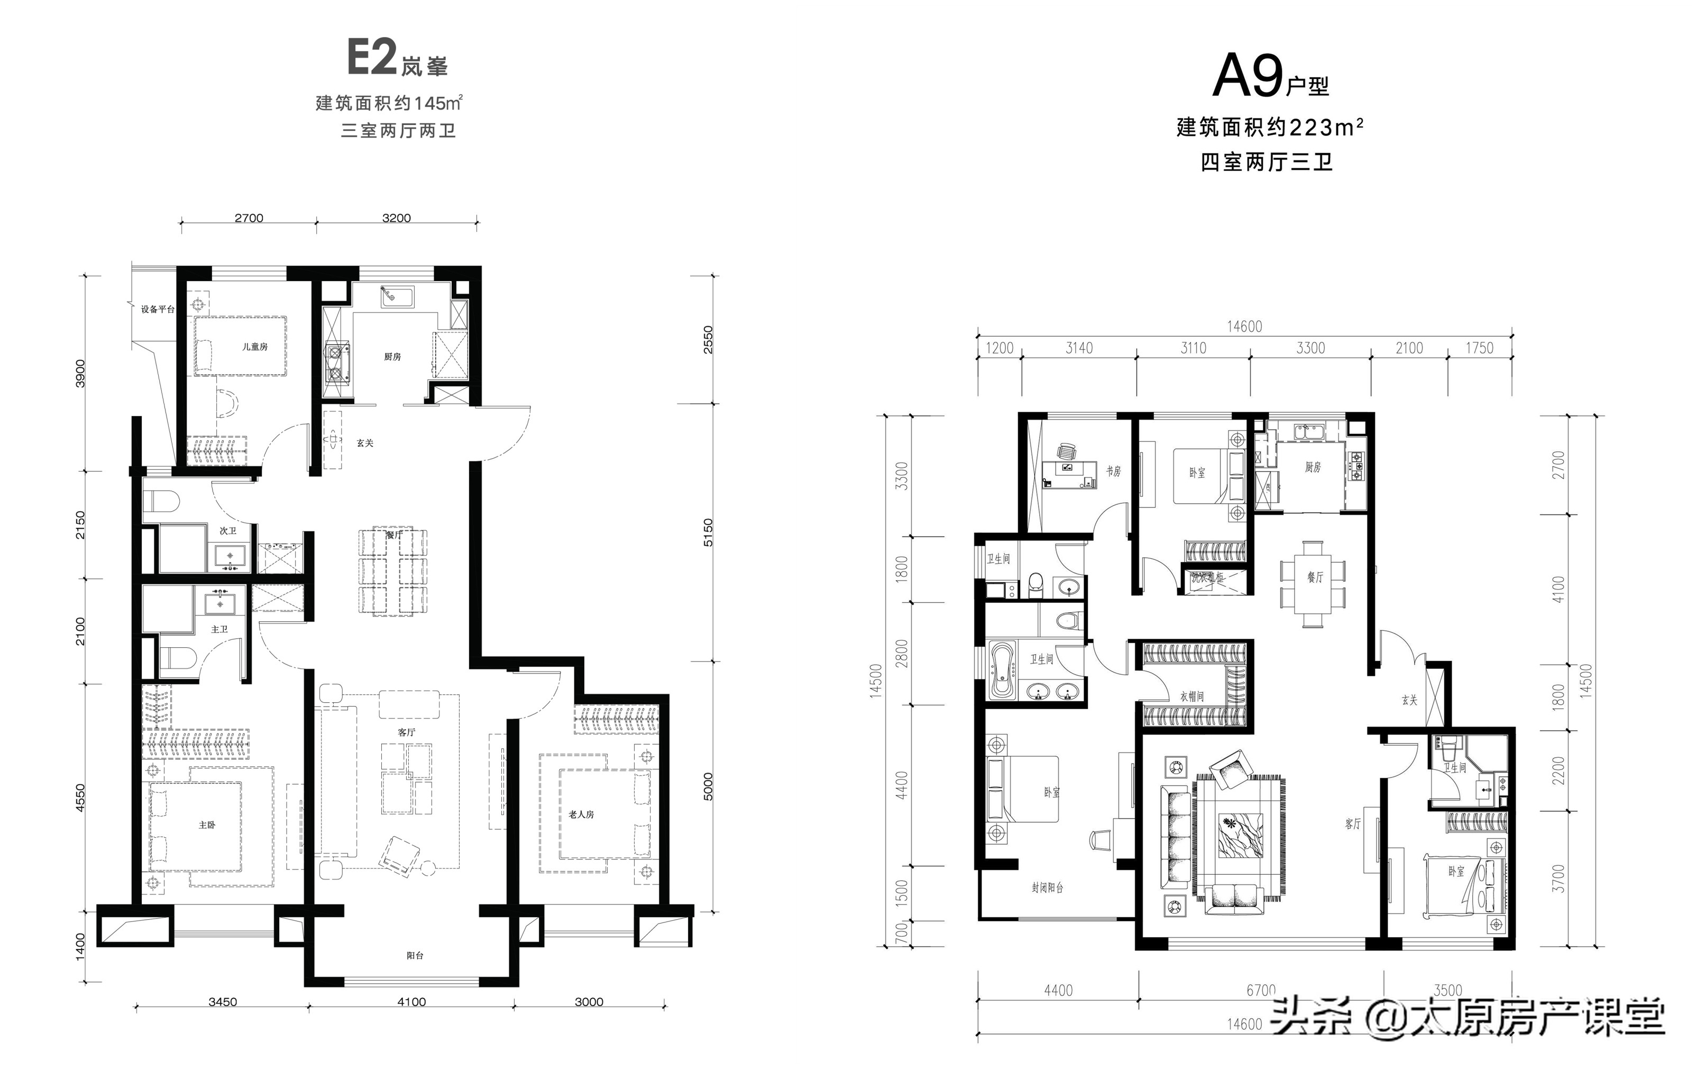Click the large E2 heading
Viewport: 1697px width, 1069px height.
[372, 58]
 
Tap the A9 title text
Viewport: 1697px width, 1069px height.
[1246, 78]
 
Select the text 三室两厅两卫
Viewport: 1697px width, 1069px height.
[398, 131]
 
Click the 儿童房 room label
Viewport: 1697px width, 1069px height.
[254, 347]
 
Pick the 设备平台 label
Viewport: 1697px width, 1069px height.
[157, 310]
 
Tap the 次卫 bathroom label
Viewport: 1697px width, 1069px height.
[227, 531]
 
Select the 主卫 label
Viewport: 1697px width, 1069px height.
[219, 629]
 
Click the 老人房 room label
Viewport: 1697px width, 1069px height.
[581, 814]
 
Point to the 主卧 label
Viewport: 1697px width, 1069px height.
[206, 825]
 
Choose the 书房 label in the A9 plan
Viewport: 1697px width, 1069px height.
[1113, 472]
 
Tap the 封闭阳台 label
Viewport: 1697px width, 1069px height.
[1047, 888]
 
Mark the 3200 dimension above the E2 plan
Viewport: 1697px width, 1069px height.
[396, 219]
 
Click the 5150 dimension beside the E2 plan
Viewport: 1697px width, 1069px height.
[708, 532]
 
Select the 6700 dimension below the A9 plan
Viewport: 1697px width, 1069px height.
[1261, 990]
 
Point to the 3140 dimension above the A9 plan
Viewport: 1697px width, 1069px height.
[1079, 348]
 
